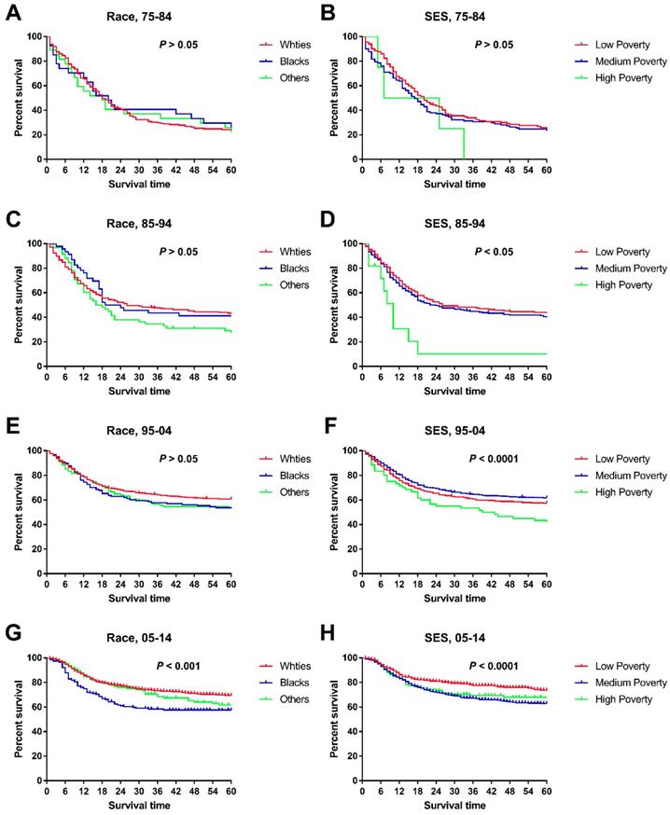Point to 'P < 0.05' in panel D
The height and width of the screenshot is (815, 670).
497,251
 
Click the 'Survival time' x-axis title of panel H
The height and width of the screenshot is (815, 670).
454,805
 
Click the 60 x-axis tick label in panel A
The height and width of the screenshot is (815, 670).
230,172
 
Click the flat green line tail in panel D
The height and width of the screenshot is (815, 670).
485,353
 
